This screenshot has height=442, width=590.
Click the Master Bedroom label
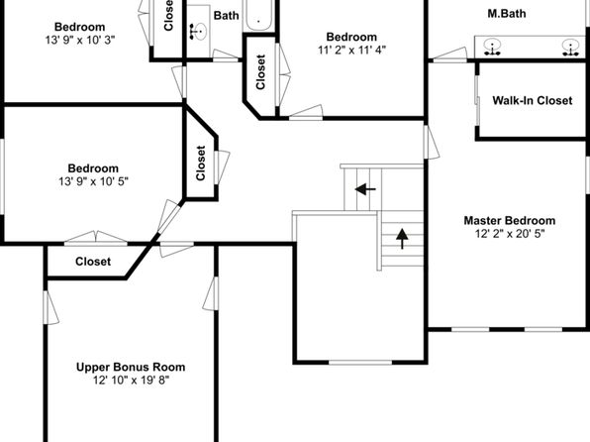tap(510, 220)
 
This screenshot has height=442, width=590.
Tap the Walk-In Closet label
tap(533, 101)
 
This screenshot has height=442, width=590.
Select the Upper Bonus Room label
tap(131, 367)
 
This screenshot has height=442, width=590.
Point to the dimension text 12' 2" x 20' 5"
tap(510, 234)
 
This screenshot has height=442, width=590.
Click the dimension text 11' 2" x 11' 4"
tap(351, 50)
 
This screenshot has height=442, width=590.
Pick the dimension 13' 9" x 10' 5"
tap(93, 181)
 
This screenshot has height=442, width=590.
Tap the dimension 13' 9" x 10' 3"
tap(80, 40)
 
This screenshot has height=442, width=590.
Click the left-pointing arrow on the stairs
tap(365, 189)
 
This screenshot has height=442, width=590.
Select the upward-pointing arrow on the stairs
tap(402, 239)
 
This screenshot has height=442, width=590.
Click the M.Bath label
tap(507, 14)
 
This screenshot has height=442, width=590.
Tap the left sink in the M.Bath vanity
tap(492, 47)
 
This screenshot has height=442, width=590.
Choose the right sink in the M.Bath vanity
tap(571, 47)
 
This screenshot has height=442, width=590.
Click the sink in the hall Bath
tap(198, 32)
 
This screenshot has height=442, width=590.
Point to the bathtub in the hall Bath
tap(258, 15)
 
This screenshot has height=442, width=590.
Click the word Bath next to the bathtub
tap(226, 16)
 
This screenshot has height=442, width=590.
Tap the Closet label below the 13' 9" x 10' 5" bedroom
tap(93, 262)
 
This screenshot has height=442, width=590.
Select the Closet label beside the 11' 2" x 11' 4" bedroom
tap(260, 72)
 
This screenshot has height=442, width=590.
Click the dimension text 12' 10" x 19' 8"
tap(132, 381)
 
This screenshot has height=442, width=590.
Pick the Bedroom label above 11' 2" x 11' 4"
tap(351, 37)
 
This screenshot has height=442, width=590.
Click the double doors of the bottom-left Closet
tap(96, 238)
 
